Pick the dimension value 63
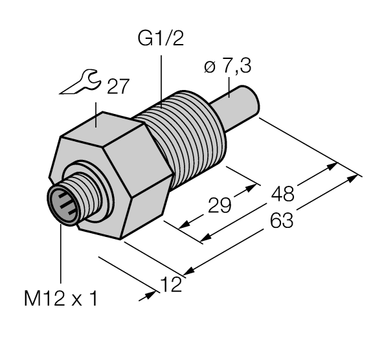[280, 221]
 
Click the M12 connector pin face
[63, 203]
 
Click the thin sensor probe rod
[243, 104]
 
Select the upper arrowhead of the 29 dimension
[247, 190]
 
